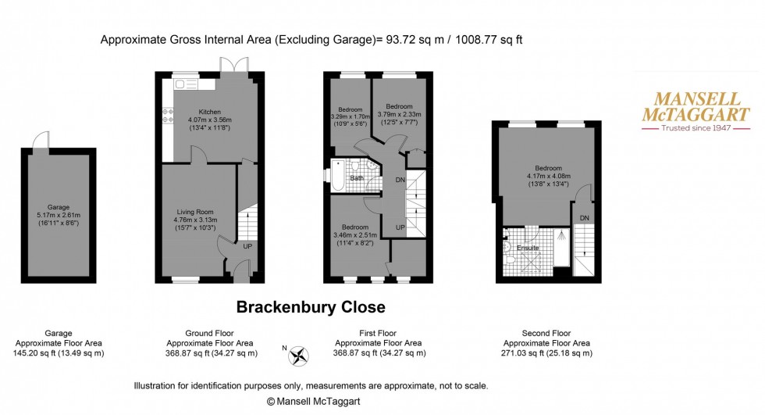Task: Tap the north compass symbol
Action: tap(297, 356)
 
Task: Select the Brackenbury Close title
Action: tap(311, 307)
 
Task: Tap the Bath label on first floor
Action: tap(356, 178)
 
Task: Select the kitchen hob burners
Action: tap(168, 116)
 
